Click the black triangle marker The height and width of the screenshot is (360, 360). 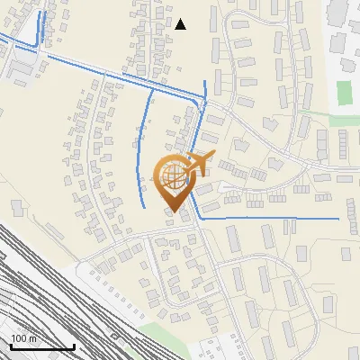[x=180, y=24]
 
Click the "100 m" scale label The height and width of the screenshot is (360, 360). [x=24, y=339]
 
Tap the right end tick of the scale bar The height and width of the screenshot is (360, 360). [x=73, y=345]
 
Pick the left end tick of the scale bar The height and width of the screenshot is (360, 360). [x=10, y=345]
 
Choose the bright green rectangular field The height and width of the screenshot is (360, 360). [x=344, y=91]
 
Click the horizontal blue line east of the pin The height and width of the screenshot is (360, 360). [x=270, y=219]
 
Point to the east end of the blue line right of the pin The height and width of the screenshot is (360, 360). [x=338, y=219]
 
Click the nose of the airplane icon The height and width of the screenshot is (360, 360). [x=212, y=157]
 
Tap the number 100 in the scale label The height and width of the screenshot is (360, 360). [x=20, y=339]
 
